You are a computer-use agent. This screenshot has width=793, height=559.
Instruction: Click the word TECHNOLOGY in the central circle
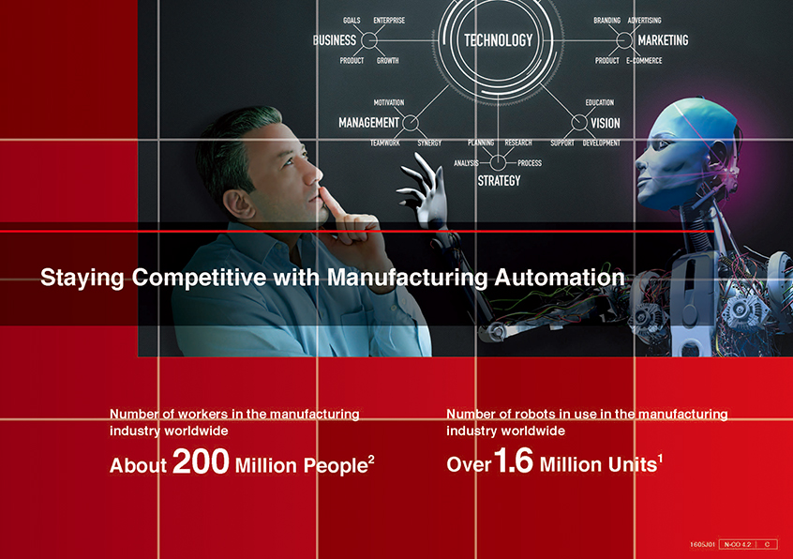(x=498, y=40)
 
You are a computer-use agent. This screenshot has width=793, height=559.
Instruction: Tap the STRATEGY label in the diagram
(x=499, y=181)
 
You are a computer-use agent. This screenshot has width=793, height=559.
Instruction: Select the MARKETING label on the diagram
(x=663, y=40)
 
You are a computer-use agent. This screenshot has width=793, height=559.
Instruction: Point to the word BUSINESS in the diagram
(x=335, y=40)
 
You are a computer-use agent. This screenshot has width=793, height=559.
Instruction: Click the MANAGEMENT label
(x=368, y=123)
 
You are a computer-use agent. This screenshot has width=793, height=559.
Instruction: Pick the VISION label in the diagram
(x=605, y=123)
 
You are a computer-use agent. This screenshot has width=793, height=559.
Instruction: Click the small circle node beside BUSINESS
(x=369, y=40)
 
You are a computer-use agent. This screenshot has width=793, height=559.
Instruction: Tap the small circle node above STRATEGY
(x=498, y=163)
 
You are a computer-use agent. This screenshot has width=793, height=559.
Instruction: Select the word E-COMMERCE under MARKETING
(x=644, y=60)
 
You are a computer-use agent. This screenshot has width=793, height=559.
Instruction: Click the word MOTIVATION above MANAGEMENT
(x=388, y=102)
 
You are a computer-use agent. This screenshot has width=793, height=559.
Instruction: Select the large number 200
(x=201, y=461)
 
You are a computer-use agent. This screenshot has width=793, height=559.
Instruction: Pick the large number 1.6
(x=514, y=461)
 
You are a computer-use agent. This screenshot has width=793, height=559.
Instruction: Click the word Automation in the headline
(x=560, y=278)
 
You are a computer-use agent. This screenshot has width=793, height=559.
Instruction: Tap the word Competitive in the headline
(x=199, y=278)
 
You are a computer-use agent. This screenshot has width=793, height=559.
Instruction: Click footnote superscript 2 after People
(x=371, y=459)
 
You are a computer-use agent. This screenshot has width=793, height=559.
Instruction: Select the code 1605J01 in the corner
(x=702, y=544)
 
